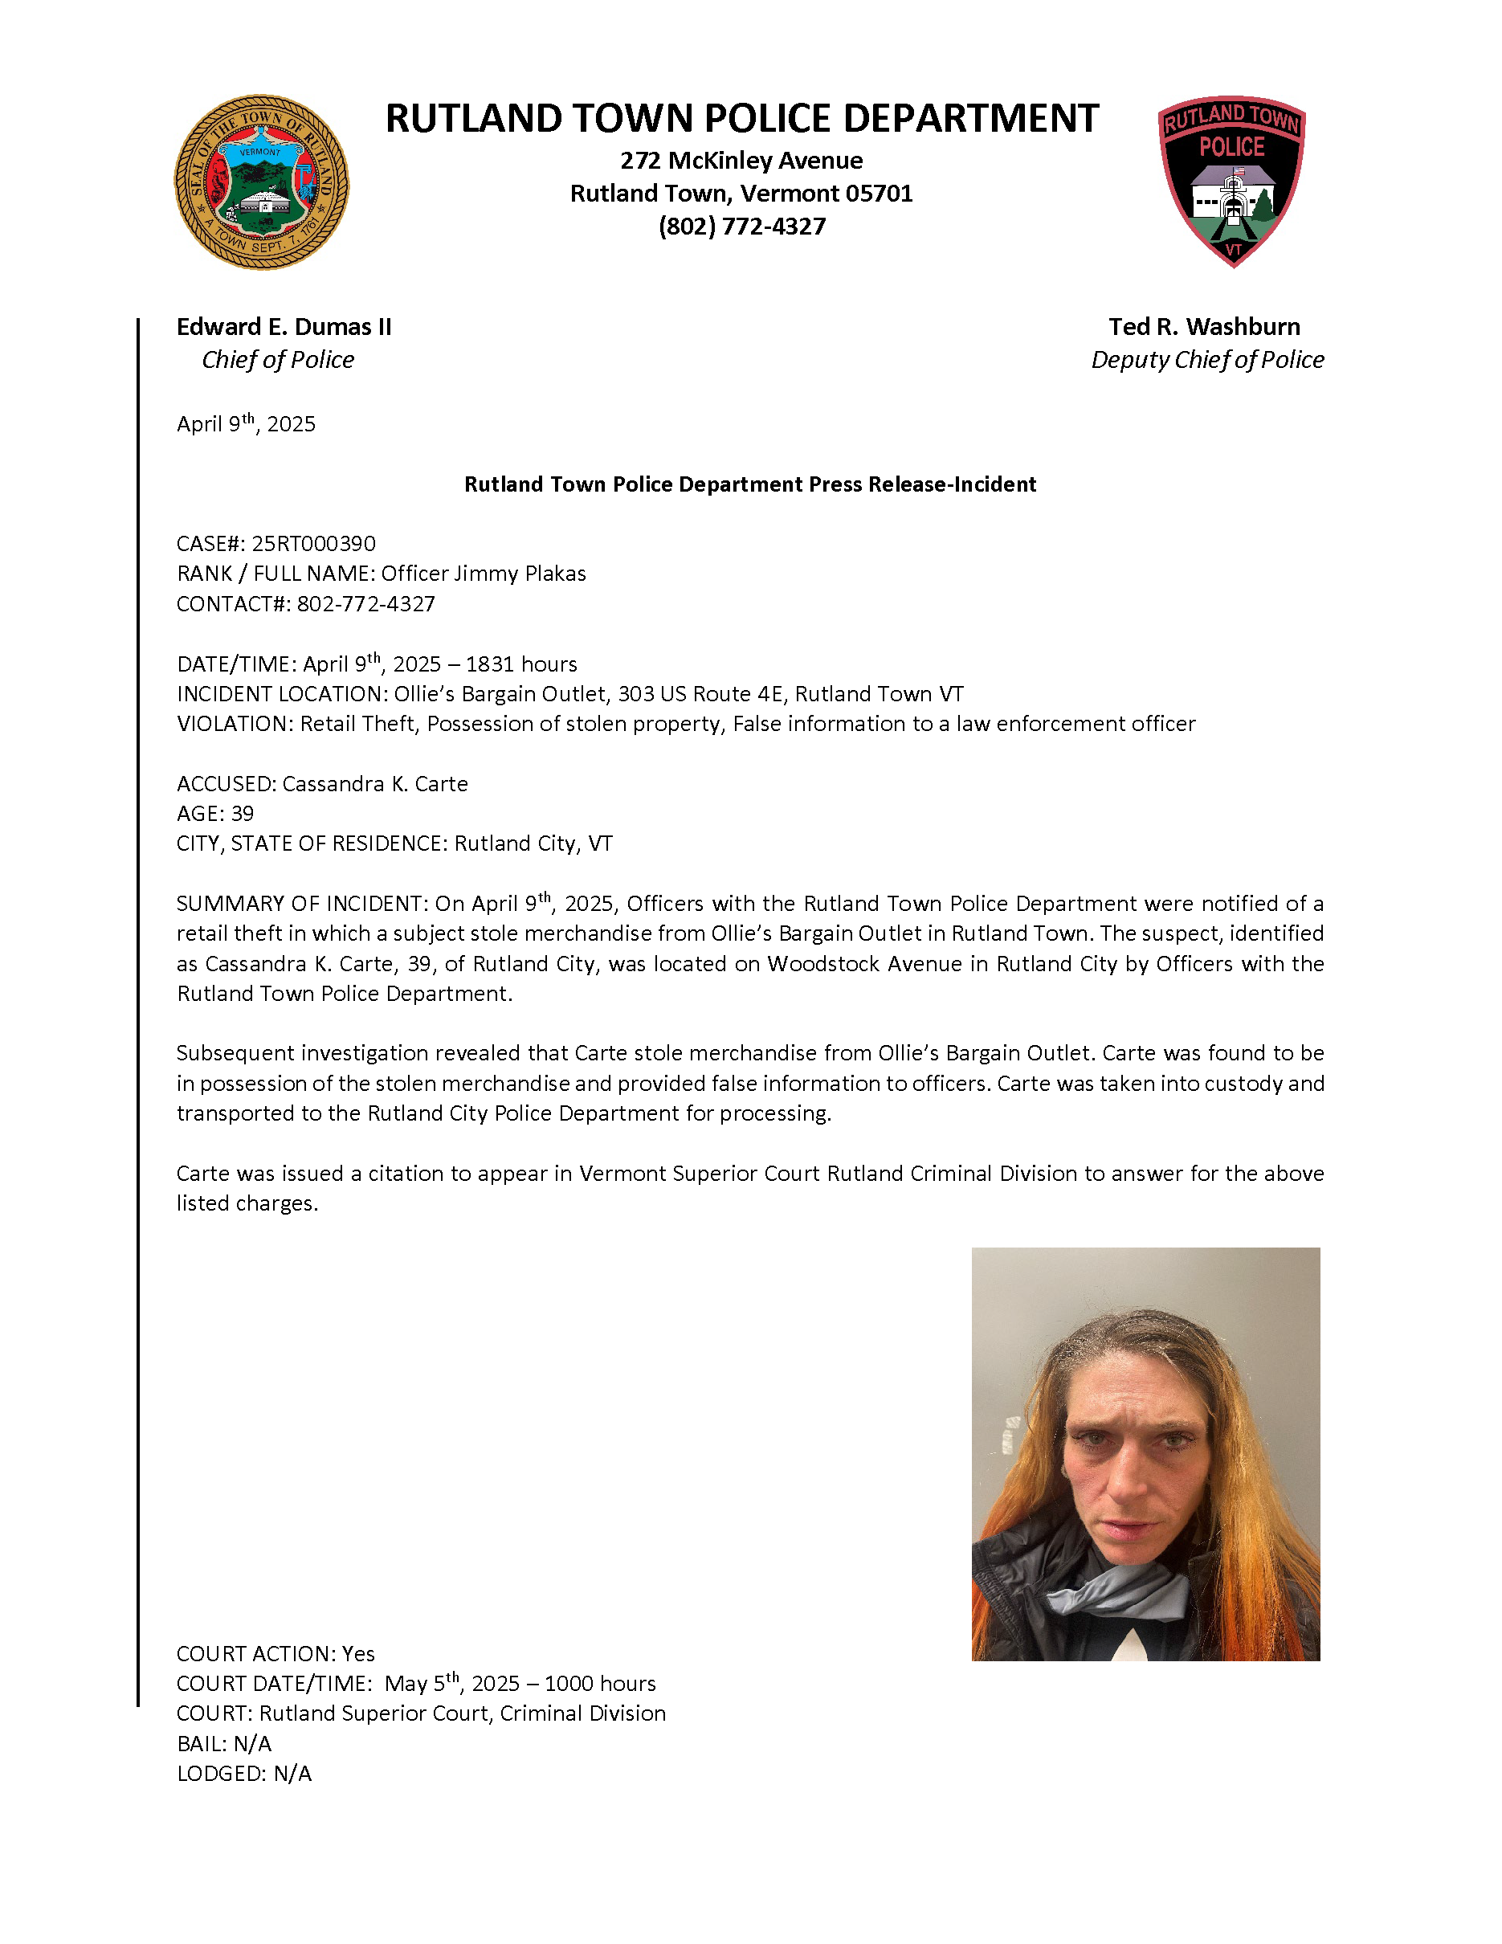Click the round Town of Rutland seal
click(x=261, y=182)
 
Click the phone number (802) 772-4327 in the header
click(x=741, y=226)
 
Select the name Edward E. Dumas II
click(x=284, y=327)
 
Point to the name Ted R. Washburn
click(x=1204, y=327)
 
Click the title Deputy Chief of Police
click(x=1206, y=360)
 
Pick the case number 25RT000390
click(x=313, y=544)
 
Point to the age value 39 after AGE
click(x=242, y=814)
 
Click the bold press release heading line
click(x=749, y=484)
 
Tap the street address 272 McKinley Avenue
click(x=741, y=160)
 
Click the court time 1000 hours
click(x=600, y=1683)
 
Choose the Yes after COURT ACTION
click(x=358, y=1654)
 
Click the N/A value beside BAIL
click(x=253, y=1744)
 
